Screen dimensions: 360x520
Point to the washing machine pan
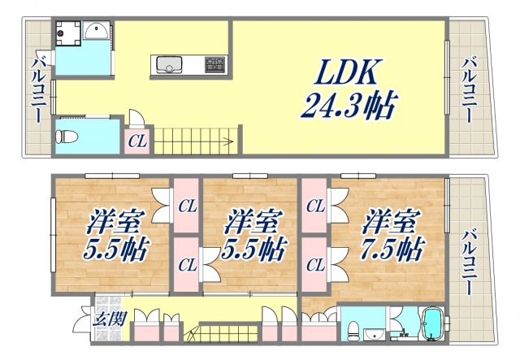68,33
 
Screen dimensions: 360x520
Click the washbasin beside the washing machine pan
95,32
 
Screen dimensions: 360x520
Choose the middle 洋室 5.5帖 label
252,234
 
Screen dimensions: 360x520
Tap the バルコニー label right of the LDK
470,89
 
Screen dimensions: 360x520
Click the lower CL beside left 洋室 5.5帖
187,264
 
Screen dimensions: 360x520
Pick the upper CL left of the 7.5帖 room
314,206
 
